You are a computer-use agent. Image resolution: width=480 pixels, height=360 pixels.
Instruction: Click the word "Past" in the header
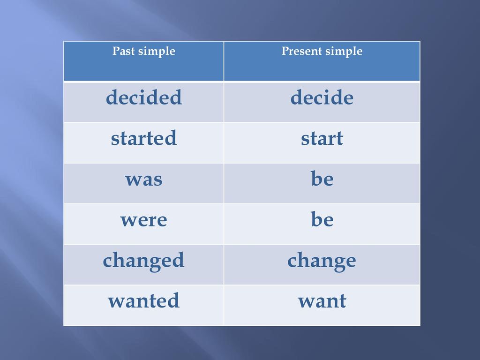click(x=124, y=51)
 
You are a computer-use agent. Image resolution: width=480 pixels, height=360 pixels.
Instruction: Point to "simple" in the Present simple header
click(x=344, y=52)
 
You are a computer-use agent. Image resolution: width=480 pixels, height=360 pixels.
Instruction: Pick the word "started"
click(x=144, y=138)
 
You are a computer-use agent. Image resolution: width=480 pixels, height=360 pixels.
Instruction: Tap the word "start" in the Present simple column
click(x=322, y=138)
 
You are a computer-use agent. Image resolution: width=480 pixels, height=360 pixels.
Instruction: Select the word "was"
click(x=144, y=180)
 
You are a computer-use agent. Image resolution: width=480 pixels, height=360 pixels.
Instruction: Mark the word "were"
click(x=144, y=220)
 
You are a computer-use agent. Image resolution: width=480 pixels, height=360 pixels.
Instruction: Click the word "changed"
click(x=144, y=261)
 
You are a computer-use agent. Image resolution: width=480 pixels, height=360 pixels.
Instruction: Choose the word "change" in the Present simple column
click(x=322, y=261)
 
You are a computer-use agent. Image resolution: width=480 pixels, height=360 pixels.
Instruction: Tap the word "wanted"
click(x=144, y=300)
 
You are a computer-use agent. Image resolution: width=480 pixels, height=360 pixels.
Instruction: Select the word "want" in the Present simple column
click(x=322, y=301)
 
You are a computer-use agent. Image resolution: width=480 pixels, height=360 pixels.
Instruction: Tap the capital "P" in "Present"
click(x=285, y=51)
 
